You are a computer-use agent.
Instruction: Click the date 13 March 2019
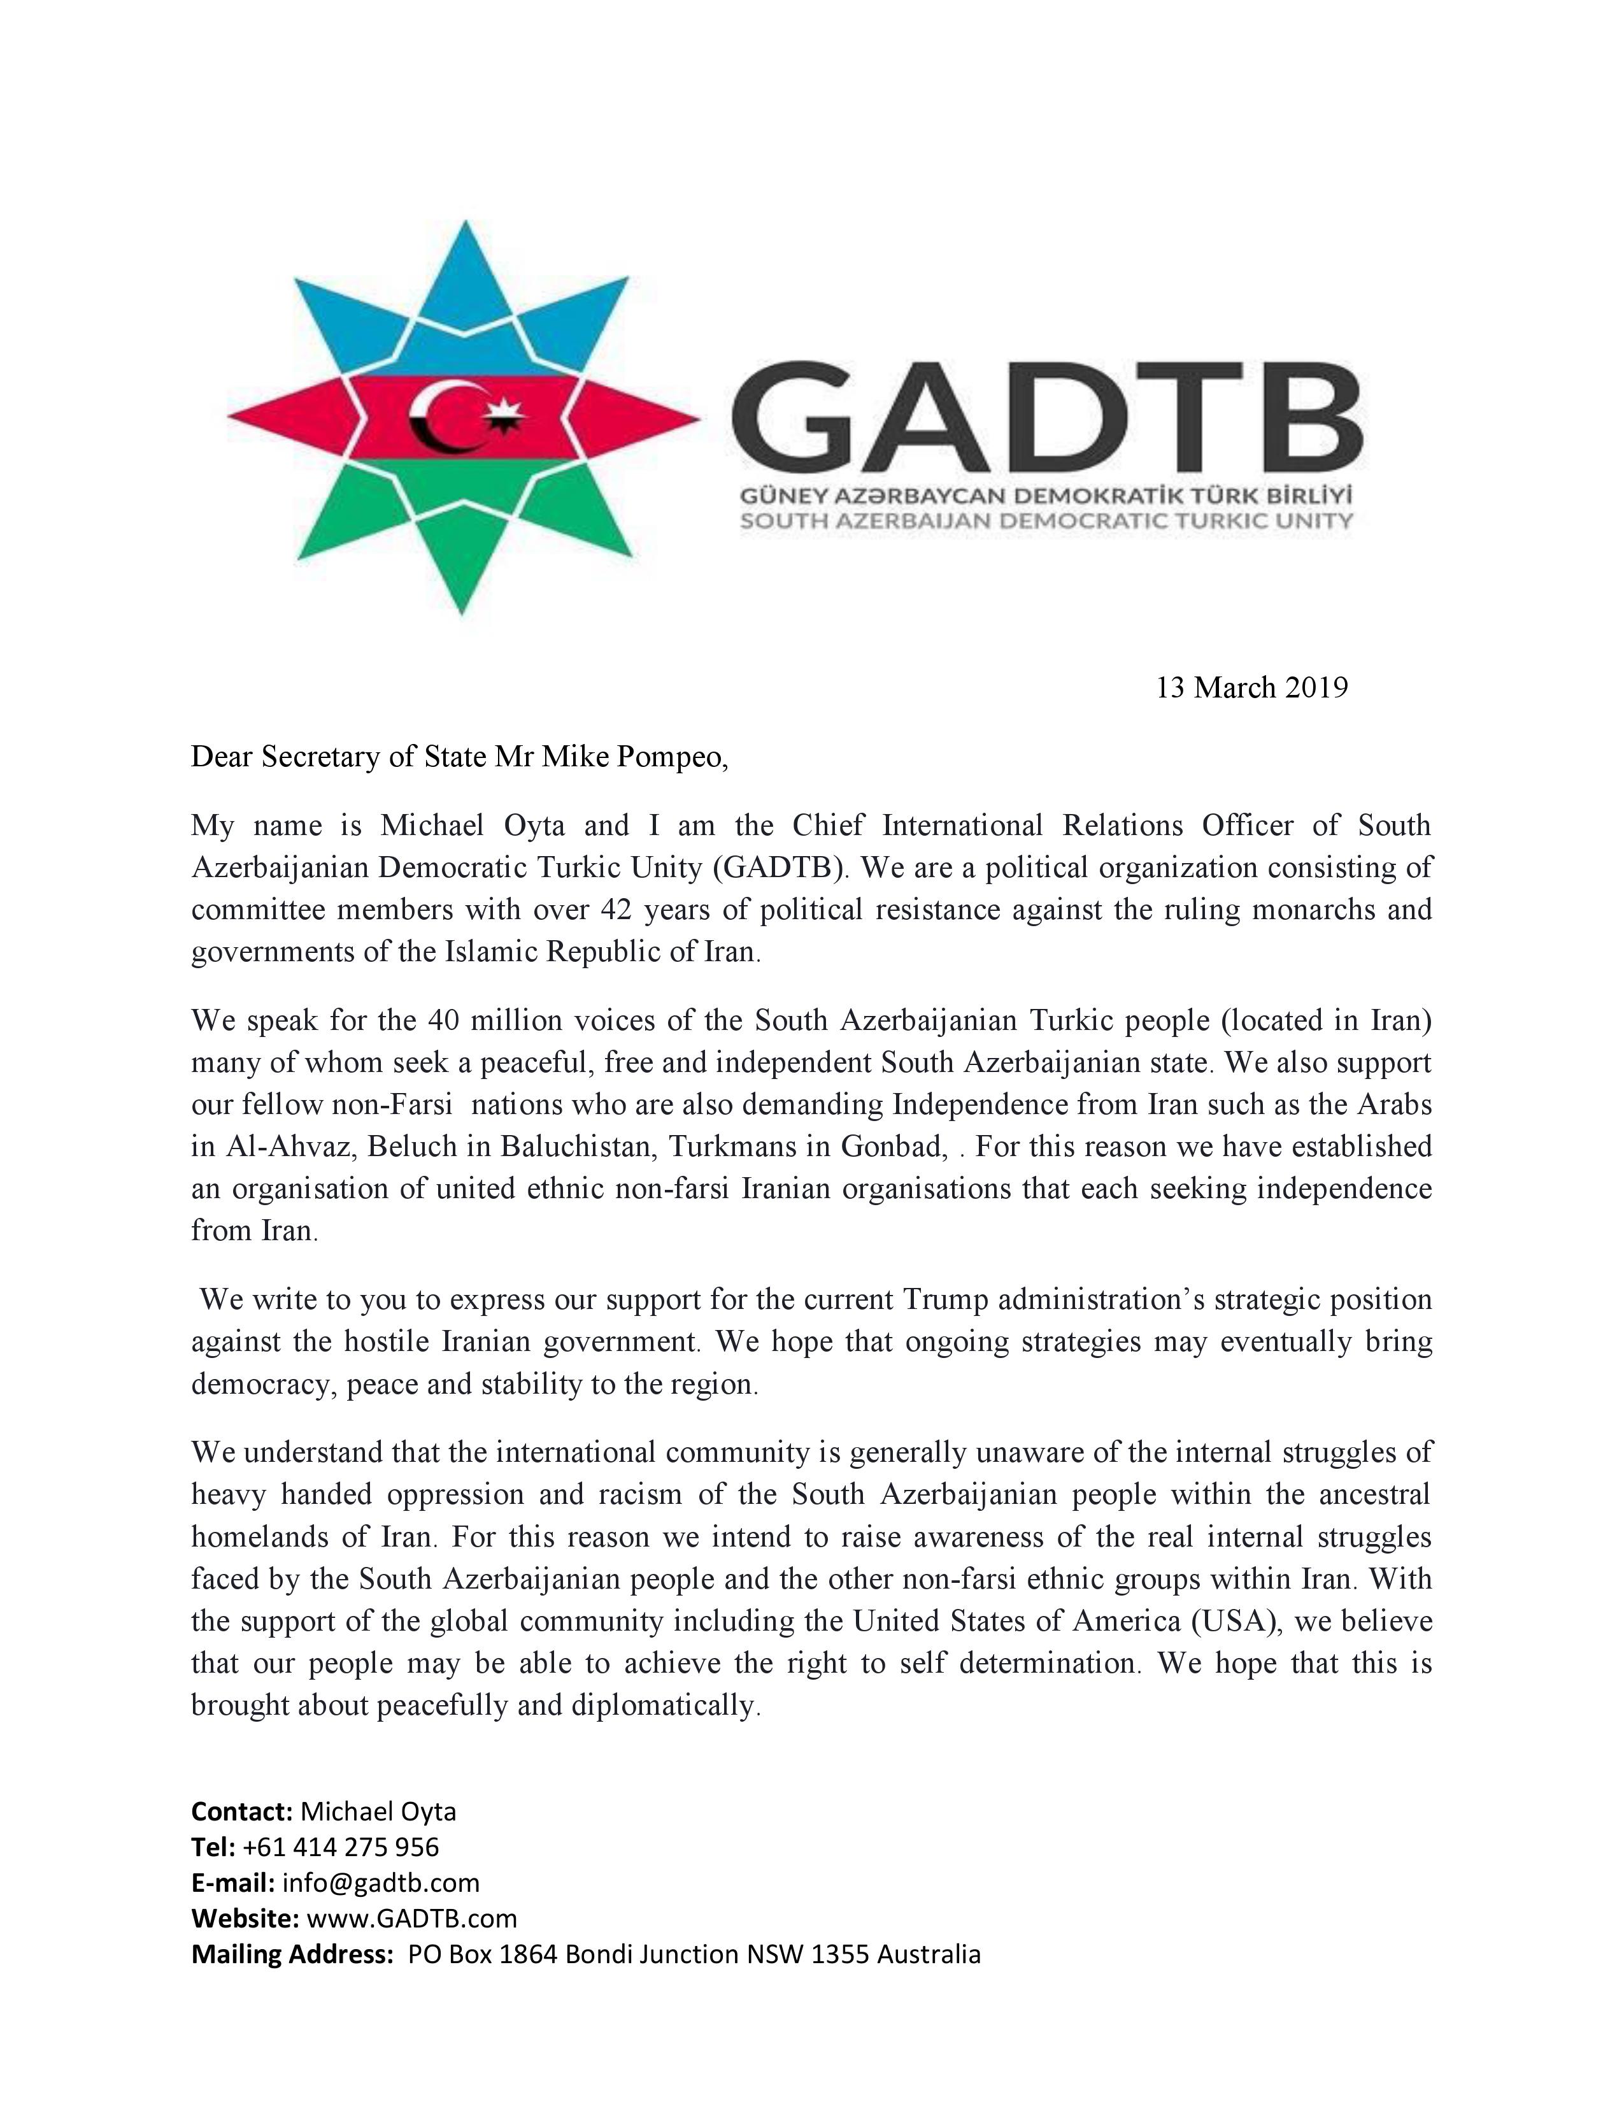(1251, 688)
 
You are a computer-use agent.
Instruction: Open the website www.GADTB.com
(412, 1918)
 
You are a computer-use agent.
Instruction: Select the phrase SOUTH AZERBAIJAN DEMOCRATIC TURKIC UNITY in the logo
(1045, 522)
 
